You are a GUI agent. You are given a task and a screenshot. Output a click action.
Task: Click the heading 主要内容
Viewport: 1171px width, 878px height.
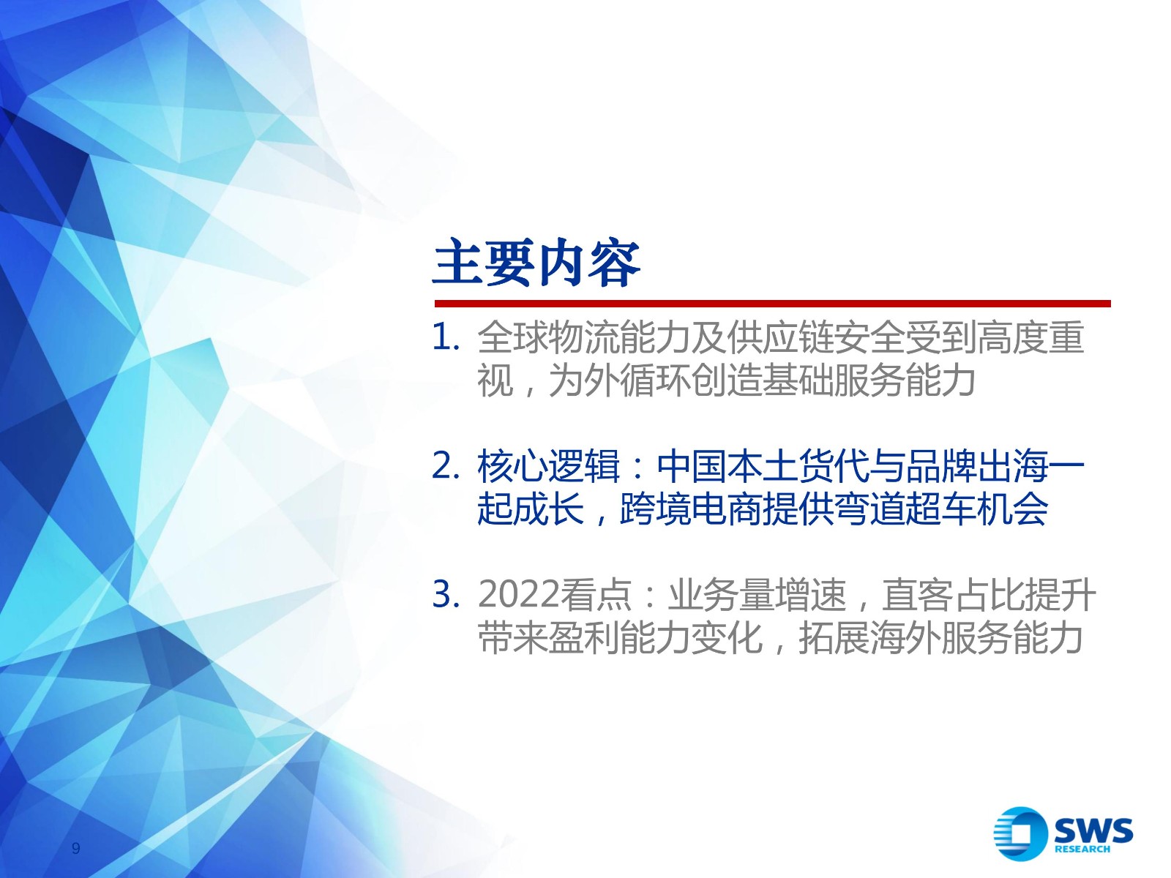536,263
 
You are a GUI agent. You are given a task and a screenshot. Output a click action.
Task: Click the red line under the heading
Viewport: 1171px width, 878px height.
772,304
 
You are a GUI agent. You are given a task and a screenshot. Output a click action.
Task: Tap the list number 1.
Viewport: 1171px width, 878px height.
446,338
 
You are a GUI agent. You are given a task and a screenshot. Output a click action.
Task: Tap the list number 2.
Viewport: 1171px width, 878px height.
446,467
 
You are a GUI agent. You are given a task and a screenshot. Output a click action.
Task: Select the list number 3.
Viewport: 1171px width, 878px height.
446,594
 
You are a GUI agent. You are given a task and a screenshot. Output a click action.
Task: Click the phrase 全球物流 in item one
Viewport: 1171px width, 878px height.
548,337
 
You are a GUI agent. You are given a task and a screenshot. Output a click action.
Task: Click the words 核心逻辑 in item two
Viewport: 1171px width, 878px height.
548,466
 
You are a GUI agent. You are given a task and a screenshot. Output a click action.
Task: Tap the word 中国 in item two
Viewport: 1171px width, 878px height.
692,466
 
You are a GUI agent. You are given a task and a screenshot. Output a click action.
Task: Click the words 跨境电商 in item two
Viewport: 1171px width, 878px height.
692,509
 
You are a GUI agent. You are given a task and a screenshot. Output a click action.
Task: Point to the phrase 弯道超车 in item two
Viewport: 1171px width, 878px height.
906,509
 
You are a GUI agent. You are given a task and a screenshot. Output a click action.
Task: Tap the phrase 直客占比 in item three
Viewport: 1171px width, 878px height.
954,594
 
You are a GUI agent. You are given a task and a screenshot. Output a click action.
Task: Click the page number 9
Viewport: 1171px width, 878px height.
76,848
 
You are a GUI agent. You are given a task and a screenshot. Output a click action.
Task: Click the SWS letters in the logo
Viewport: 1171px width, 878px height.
1093,830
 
